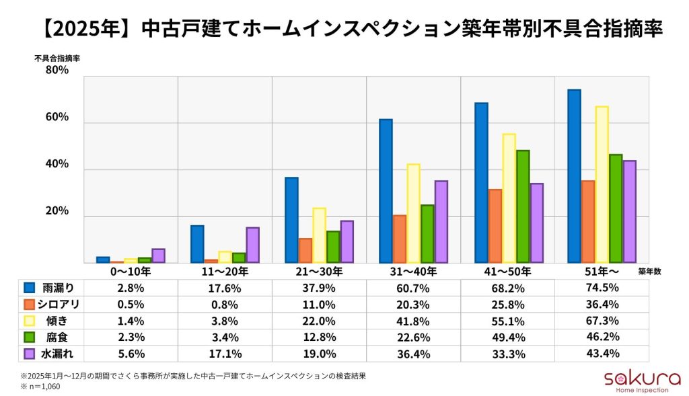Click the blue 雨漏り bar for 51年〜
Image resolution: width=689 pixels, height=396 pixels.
tap(574, 176)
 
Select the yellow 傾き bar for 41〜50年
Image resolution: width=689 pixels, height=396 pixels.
tap(509, 198)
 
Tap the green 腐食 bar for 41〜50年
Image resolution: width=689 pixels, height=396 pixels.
tap(523, 206)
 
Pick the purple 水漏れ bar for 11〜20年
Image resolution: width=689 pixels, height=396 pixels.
tap(252, 245)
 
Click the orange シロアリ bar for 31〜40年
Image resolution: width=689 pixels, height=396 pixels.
tap(400, 239)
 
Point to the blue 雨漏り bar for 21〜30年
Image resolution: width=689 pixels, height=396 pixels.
tap(291, 220)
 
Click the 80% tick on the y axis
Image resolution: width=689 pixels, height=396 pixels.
tap(57, 70)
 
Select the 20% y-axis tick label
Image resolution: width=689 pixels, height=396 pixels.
tap(57, 211)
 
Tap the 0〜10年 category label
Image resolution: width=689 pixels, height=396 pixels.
tap(131, 272)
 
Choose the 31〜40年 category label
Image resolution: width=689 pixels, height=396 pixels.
tap(413, 272)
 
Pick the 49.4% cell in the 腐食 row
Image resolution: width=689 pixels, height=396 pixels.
tap(507, 338)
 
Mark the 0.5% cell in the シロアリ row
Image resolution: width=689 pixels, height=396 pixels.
tap(131, 305)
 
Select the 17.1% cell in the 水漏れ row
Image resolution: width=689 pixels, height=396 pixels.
tap(225, 354)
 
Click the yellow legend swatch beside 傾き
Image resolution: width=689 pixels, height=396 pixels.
tap(28, 321)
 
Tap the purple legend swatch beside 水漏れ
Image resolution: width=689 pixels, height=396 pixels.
tap(28, 354)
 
